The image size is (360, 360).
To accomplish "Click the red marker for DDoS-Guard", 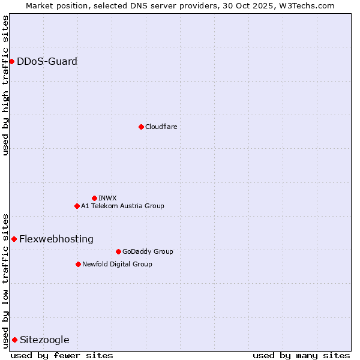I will pos(11,61).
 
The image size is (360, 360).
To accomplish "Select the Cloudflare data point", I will pos(141,127).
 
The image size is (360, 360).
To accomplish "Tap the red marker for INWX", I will pos(94,198).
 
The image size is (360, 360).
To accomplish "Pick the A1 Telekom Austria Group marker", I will pos(77,206).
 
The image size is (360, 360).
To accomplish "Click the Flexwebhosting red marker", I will pos(14,239).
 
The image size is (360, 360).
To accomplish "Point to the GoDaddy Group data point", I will pos(118,251).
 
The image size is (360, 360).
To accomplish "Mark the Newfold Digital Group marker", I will pos(78,264).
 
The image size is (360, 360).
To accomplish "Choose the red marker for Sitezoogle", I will pos(14,340).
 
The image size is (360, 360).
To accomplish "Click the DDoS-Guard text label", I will pos(47,61).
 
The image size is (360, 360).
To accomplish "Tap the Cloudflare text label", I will pos(161,127).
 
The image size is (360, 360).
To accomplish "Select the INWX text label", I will pos(107,198).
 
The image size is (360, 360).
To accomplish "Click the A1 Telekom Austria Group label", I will pos(122,206).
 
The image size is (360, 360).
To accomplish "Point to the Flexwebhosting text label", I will pos(56,239).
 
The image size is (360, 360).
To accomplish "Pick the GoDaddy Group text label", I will pos(148,251).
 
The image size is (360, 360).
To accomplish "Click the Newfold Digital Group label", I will pos(117,264).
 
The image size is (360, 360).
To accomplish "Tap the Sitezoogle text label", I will pos(44,340).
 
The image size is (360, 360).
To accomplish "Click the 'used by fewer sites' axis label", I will pos(62,355).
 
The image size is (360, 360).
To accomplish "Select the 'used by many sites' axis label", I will pos(301,355).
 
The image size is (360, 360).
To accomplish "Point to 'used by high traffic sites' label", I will pos(5,85).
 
